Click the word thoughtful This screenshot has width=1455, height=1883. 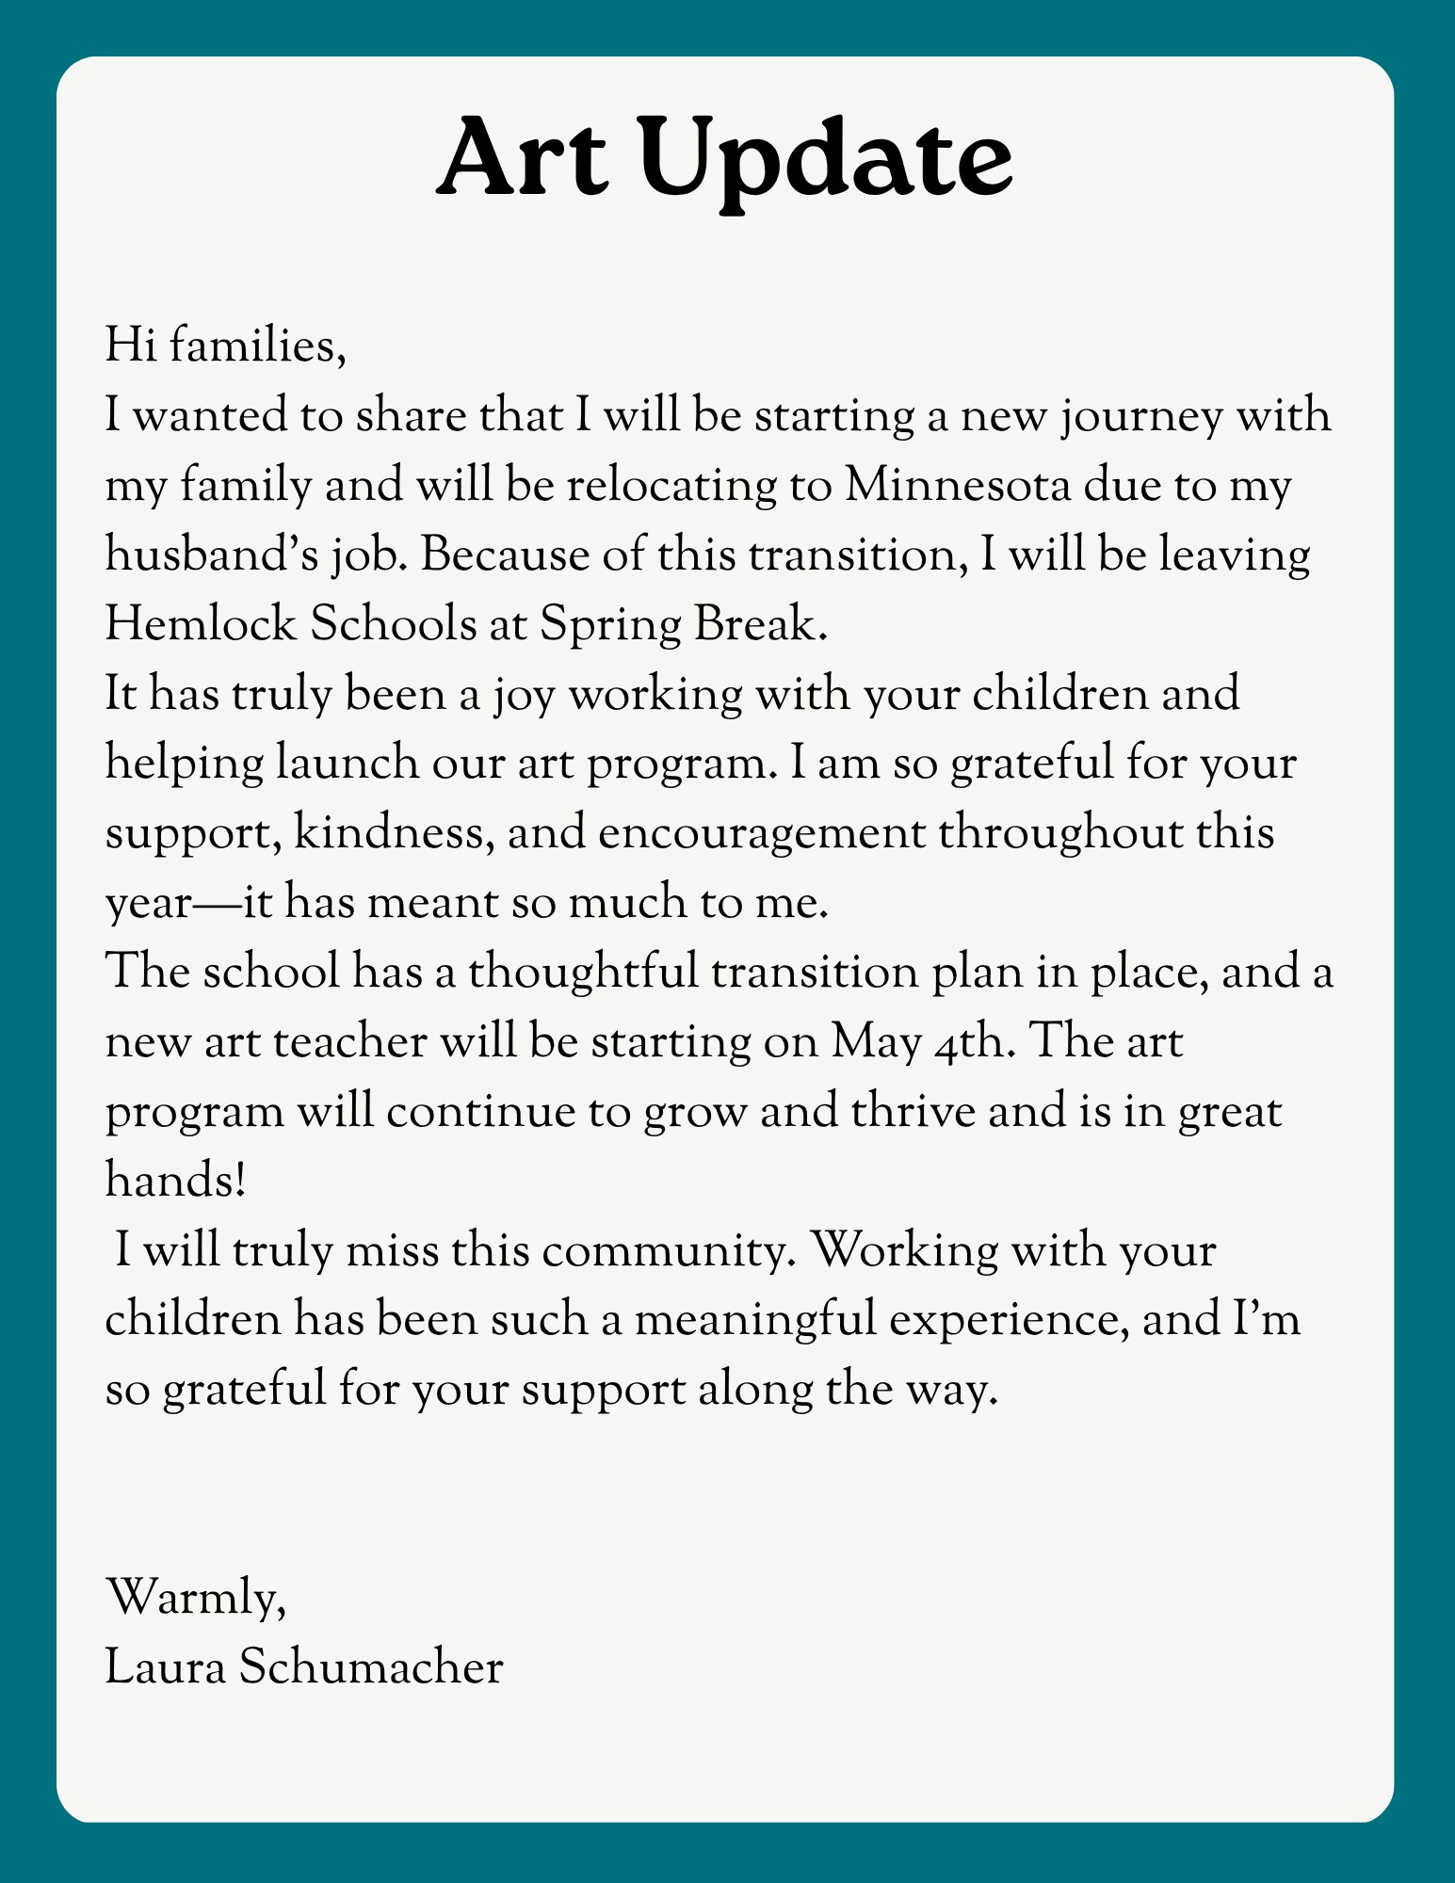583,972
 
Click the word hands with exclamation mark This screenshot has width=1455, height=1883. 176,1181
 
